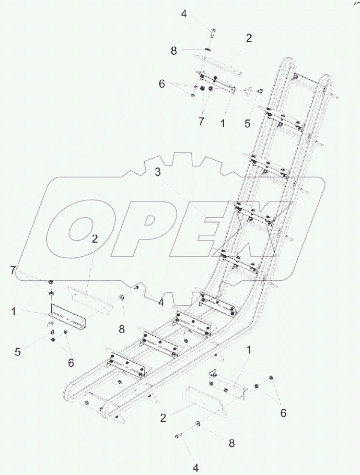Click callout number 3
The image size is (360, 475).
pyautogui.click(x=158, y=172)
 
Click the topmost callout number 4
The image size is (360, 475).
pyautogui.click(x=184, y=14)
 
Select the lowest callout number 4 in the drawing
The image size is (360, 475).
pyautogui.click(x=195, y=468)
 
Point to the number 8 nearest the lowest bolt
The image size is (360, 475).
pyautogui.click(x=231, y=443)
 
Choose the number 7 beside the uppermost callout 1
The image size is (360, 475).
pyautogui.click(x=201, y=121)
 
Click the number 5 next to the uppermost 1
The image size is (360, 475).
pyautogui.click(x=248, y=123)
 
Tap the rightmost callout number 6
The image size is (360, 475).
pyautogui.click(x=283, y=412)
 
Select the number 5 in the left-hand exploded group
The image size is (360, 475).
pyautogui.click(x=18, y=352)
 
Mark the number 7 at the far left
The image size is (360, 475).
pyautogui.click(x=13, y=270)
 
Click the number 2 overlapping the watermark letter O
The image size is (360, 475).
pyautogui.click(x=95, y=239)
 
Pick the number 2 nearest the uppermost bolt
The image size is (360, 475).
pyautogui.click(x=249, y=38)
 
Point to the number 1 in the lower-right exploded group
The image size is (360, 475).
pyautogui.click(x=249, y=350)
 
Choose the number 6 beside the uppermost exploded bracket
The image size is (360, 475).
pyautogui.click(x=162, y=84)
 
